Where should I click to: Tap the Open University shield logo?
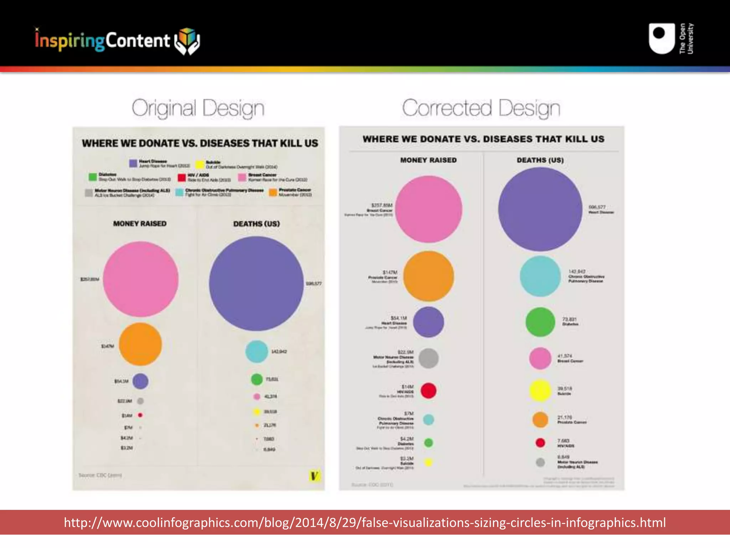(662, 39)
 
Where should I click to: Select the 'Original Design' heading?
(198, 108)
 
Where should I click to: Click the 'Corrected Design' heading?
(481, 108)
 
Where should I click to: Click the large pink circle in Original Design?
(141, 279)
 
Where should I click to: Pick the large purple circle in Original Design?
(256, 284)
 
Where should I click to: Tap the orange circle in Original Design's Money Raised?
(140, 344)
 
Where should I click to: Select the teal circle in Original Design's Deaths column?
(257, 351)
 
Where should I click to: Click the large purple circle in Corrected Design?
(540, 209)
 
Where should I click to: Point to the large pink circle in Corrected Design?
(428, 209)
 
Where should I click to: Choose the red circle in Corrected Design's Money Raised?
(428, 390)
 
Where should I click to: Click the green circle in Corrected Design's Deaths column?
(540, 322)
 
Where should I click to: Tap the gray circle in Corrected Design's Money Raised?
(428, 358)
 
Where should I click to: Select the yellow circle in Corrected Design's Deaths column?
(540, 391)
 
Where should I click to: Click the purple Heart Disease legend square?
(133, 163)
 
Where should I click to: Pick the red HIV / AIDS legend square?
(182, 177)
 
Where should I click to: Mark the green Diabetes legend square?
(93, 177)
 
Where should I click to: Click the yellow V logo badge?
(314, 476)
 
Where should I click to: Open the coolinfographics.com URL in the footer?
(365, 522)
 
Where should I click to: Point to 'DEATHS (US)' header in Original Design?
(256, 224)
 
